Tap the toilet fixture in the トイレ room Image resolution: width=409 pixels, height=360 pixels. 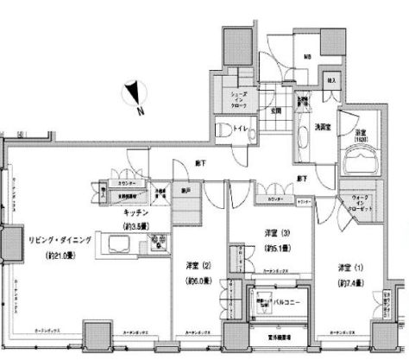tap(223, 130)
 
